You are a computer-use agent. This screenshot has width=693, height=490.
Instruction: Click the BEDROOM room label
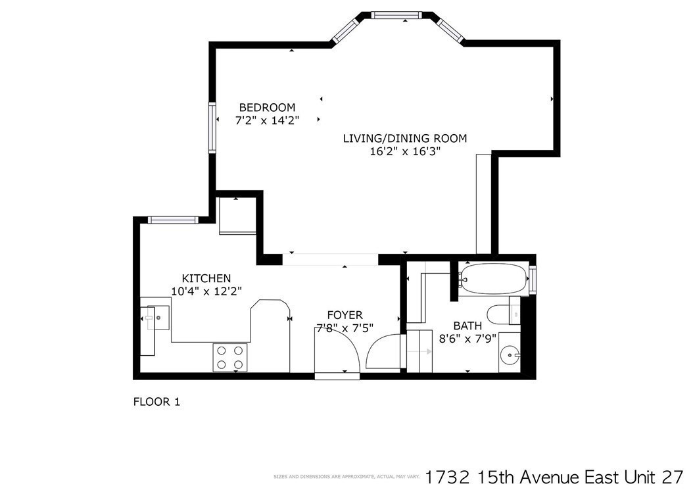point(266,107)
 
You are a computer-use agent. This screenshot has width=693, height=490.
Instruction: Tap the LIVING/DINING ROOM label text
point(404,138)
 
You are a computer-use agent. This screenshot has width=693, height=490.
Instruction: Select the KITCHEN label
point(206,278)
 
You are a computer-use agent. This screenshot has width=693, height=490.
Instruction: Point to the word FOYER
point(345,315)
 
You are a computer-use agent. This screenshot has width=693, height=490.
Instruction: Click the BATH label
point(467,326)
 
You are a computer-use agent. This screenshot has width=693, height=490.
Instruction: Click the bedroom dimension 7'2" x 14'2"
point(266,120)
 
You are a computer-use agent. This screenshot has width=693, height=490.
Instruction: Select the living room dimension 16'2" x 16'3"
point(404,151)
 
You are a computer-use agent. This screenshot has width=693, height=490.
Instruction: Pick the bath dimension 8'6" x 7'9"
point(467,339)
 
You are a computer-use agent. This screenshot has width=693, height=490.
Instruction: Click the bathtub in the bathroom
point(494,279)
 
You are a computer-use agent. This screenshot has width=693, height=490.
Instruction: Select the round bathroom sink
point(510,356)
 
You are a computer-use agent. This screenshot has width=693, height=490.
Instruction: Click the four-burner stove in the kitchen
point(230,357)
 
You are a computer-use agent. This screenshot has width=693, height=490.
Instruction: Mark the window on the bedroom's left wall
point(212,127)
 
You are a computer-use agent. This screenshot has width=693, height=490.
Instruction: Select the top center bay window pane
point(396,15)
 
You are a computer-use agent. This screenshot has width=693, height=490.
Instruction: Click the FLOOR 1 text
point(156,401)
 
